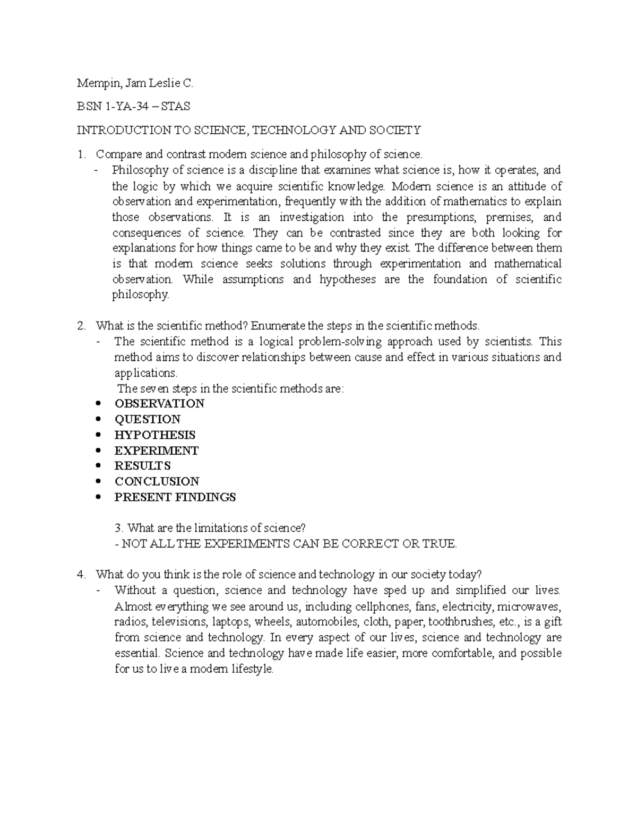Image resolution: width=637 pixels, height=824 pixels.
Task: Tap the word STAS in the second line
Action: (x=176, y=107)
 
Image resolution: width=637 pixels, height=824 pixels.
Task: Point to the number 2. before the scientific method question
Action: (x=81, y=326)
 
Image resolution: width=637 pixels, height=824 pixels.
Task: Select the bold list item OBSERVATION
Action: (x=159, y=403)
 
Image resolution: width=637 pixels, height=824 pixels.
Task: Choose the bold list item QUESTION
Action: (x=148, y=419)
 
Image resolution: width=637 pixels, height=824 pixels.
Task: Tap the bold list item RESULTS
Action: (x=142, y=466)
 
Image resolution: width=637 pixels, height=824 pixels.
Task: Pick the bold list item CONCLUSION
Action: (x=157, y=481)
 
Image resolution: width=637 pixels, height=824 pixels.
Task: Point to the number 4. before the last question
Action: (x=81, y=575)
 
